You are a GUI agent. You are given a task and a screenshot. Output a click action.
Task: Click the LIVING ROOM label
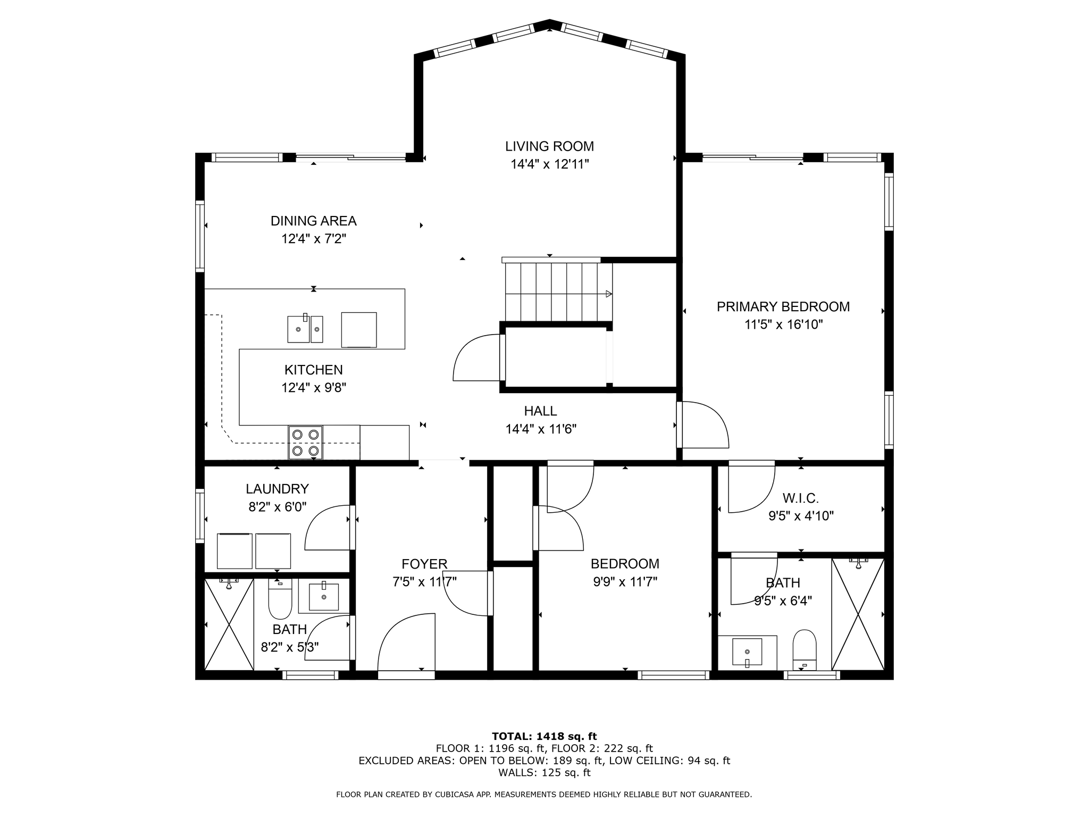[549, 146]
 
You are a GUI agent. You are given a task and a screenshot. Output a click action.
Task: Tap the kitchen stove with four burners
[305, 442]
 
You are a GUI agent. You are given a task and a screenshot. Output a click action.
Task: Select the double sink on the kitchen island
[305, 329]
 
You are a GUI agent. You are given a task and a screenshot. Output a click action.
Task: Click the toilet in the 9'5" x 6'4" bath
[804, 648]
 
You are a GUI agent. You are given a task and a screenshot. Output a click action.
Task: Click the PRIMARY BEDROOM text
[783, 307]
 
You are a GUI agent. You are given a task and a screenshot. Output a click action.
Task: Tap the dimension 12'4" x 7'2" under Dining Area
[314, 239]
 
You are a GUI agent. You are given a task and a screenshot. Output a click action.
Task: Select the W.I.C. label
[800, 498]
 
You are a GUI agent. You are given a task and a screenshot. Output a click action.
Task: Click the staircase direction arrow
[608, 294]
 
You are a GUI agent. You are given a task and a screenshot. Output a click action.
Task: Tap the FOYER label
[424, 564]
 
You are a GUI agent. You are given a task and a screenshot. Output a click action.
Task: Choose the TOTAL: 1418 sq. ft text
[544, 736]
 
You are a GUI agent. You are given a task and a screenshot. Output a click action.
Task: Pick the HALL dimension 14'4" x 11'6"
[541, 429]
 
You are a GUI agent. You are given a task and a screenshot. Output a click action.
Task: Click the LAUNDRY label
[277, 489]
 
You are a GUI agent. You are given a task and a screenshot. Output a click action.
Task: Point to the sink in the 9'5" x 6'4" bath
[747, 652]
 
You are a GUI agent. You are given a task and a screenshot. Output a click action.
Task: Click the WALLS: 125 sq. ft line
[544, 772]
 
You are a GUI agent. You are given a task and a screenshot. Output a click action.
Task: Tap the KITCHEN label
[313, 370]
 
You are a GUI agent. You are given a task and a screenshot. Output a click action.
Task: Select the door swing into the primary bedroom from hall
[705, 424]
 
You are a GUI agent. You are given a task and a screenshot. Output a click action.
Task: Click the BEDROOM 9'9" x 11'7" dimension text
[625, 582]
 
